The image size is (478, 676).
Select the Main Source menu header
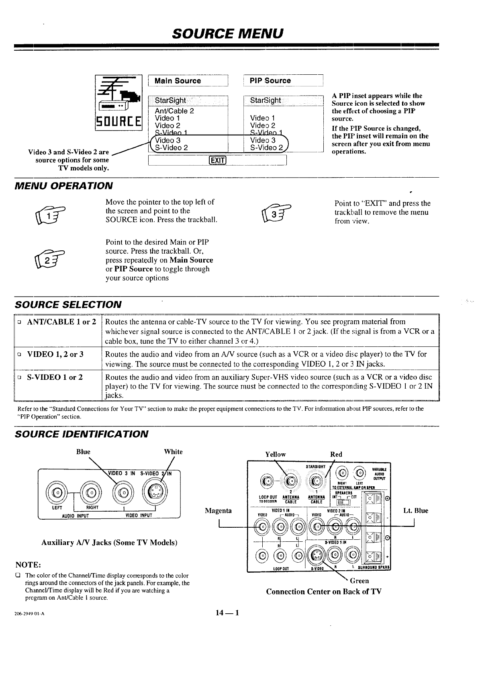(178, 81)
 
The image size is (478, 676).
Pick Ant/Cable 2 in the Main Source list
(174, 111)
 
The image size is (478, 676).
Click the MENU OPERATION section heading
(63, 186)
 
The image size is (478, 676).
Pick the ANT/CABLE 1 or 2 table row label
(61, 322)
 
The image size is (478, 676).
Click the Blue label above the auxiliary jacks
(83, 452)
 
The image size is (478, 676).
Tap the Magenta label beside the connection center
(218, 511)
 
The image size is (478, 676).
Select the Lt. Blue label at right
(416, 511)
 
